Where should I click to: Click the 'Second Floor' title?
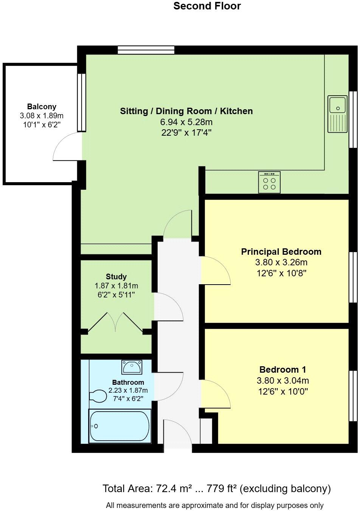pyautogui.click(x=207, y=6)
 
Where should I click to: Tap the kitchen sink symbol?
pyautogui.click(x=338, y=114)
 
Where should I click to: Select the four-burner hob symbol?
pyautogui.click(x=269, y=182)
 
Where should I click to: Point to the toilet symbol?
pyautogui.click(x=98, y=396)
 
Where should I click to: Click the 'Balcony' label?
pyautogui.click(x=42, y=107)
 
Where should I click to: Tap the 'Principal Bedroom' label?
pyautogui.click(x=281, y=252)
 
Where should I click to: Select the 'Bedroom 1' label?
pyautogui.click(x=282, y=370)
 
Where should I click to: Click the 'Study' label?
pyautogui.click(x=116, y=277)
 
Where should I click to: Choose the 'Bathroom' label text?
pyautogui.click(x=128, y=382)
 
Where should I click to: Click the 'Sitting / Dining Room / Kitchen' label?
pyautogui.click(x=186, y=111)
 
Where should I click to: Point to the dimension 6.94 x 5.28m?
pyautogui.click(x=186, y=122)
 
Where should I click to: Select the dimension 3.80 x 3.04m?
pyautogui.click(x=282, y=381)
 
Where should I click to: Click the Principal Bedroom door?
pyautogui.click(x=216, y=270)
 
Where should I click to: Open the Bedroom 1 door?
pyautogui.click(x=216, y=394)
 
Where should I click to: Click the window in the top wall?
pyautogui.click(x=146, y=50)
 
